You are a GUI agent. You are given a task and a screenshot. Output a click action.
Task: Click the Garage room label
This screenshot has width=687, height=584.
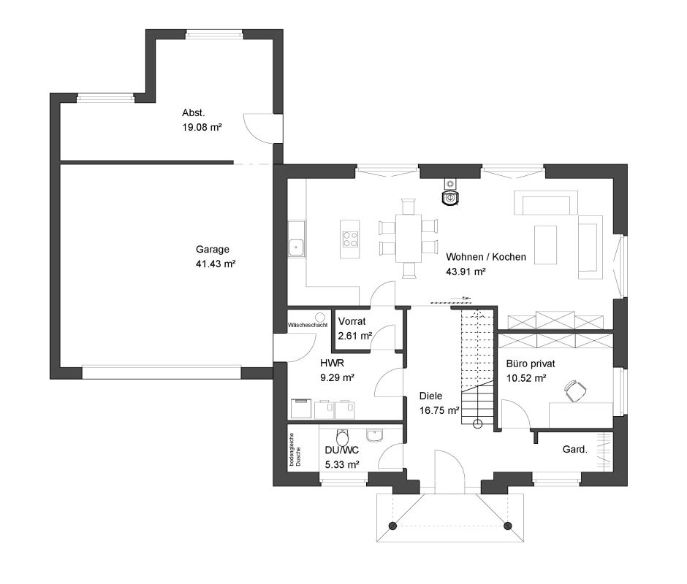click(213, 250)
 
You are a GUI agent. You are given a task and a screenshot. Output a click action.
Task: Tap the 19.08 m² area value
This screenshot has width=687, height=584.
click(202, 128)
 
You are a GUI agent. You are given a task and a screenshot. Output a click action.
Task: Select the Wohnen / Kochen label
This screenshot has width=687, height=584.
click(486, 257)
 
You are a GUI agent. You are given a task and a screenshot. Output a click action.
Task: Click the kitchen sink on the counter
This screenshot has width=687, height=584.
click(297, 247)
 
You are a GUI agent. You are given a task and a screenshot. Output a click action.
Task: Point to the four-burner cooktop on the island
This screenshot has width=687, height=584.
click(350, 239)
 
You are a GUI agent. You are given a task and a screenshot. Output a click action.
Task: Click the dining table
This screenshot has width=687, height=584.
click(409, 238)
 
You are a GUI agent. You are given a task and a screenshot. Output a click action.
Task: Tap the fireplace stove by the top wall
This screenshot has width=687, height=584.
click(450, 194)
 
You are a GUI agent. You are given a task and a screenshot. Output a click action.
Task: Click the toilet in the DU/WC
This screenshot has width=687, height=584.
click(342, 437)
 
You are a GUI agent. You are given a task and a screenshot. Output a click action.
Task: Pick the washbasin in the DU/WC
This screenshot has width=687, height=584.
click(375, 436)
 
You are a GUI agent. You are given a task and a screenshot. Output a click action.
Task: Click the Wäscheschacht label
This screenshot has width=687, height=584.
click(308, 326)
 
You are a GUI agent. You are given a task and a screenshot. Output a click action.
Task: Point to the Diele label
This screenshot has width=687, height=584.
click(430, 396)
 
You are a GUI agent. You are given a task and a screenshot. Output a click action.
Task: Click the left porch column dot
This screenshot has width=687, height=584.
click(393, 526)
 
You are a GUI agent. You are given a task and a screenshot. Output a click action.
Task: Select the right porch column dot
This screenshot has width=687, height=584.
click(508, 526)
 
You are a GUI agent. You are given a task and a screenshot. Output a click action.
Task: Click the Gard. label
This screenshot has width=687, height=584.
click(575, 450)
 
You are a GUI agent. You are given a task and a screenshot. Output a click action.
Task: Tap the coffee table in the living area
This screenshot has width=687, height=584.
click(545, 245)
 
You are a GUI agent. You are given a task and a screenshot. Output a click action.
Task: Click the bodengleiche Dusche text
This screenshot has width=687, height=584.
click(295, 450)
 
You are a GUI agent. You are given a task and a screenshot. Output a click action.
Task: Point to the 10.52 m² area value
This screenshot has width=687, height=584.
click(526, 378)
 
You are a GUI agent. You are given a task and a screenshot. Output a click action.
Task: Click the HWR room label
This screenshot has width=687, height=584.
click(332, 363)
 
